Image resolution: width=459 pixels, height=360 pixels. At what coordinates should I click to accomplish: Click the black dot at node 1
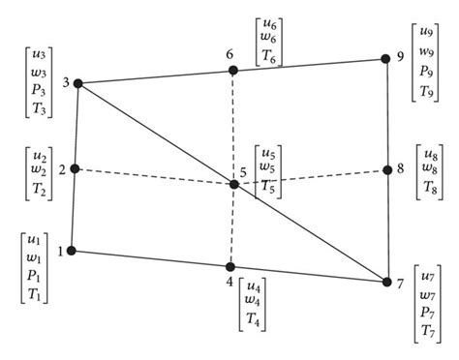pos(73,252)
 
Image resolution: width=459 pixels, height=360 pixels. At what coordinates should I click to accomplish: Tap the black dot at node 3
pos(77,83)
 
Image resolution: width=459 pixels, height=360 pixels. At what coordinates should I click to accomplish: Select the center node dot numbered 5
pos(233,183)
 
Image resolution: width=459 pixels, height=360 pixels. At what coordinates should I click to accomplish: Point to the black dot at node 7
pos(387,283)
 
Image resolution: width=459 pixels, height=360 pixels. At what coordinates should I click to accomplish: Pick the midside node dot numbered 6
pos(232,70)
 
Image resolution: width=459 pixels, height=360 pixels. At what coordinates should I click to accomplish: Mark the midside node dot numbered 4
pos(230,267)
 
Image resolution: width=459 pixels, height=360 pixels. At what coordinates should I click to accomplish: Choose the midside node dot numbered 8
pos(386,170)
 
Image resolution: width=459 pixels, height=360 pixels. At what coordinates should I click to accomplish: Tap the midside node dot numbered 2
pos(75,168)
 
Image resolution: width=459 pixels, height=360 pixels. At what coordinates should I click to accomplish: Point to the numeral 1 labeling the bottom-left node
pos(60,252)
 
